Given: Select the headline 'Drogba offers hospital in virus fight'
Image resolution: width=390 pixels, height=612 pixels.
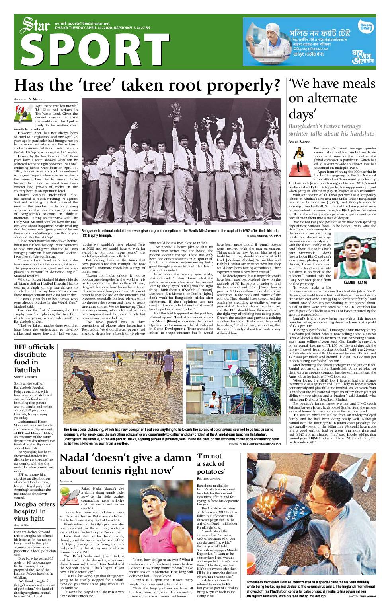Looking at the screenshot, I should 34,511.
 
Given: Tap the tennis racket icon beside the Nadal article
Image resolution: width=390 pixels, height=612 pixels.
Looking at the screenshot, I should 67,495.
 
